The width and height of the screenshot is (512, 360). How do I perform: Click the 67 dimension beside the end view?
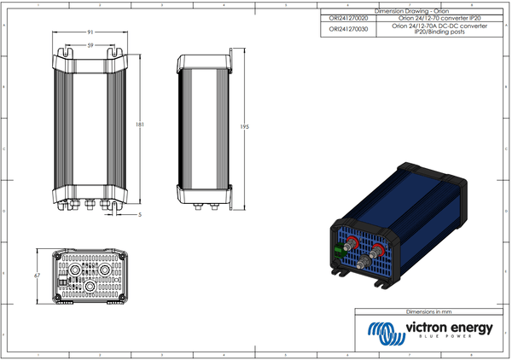(38, 277)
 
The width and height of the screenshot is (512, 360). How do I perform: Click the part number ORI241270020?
(348, 17)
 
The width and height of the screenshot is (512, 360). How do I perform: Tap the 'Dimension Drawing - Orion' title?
(412, 9)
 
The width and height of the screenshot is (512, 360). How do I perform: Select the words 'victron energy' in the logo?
(447, 328)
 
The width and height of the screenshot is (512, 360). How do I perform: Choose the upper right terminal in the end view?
(104, 268)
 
